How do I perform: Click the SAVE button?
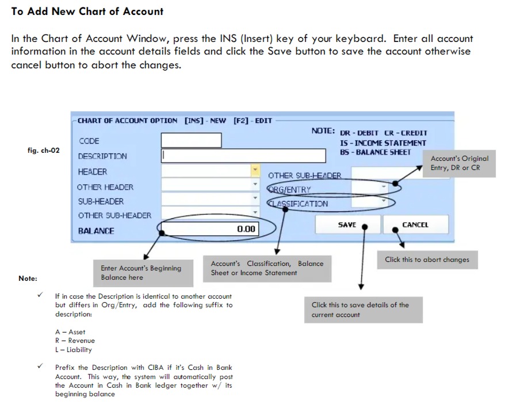(x=347, y=225)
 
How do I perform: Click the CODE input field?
(x=191, y=141)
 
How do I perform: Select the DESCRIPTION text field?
(x=244, y=156)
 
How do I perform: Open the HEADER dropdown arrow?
(x=255, y=171)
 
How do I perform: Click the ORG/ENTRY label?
(x=290, y=190)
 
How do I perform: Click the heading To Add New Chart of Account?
(x=87, y=11)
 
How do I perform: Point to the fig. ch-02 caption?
(x=43, y=150)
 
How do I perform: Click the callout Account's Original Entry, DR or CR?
(x=460, y=163)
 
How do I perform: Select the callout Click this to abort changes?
(x=427, y=260)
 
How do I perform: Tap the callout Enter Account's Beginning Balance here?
(x=141, y=273)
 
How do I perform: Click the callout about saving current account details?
(x=360, y=310)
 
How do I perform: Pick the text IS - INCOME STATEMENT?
(x=383, y=143)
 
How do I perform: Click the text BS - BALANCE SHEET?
(x=376, y=152)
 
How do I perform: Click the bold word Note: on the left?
(x=28, y=279)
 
